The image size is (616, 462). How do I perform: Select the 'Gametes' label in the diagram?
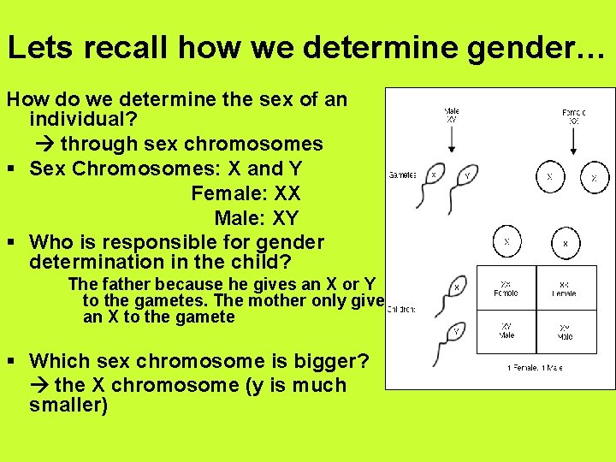point(402,175)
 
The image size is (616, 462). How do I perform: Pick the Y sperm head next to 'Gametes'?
point(466,175)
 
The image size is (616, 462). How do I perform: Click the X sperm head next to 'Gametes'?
point(434,175)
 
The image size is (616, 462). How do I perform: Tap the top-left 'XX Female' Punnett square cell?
point(506,288)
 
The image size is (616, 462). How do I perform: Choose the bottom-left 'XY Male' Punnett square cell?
point(506,330)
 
